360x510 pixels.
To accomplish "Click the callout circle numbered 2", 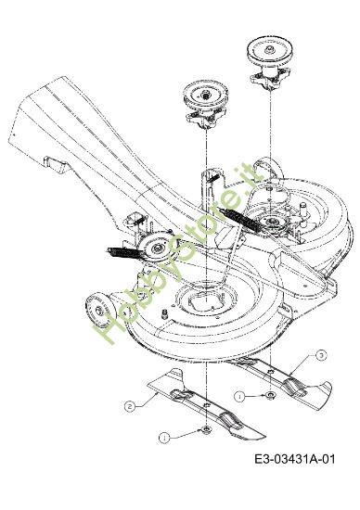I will [130, 405].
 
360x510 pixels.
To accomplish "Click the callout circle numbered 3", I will [321, 355].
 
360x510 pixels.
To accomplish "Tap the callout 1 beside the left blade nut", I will [164, 436].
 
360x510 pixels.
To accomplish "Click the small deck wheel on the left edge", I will [95, 307].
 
